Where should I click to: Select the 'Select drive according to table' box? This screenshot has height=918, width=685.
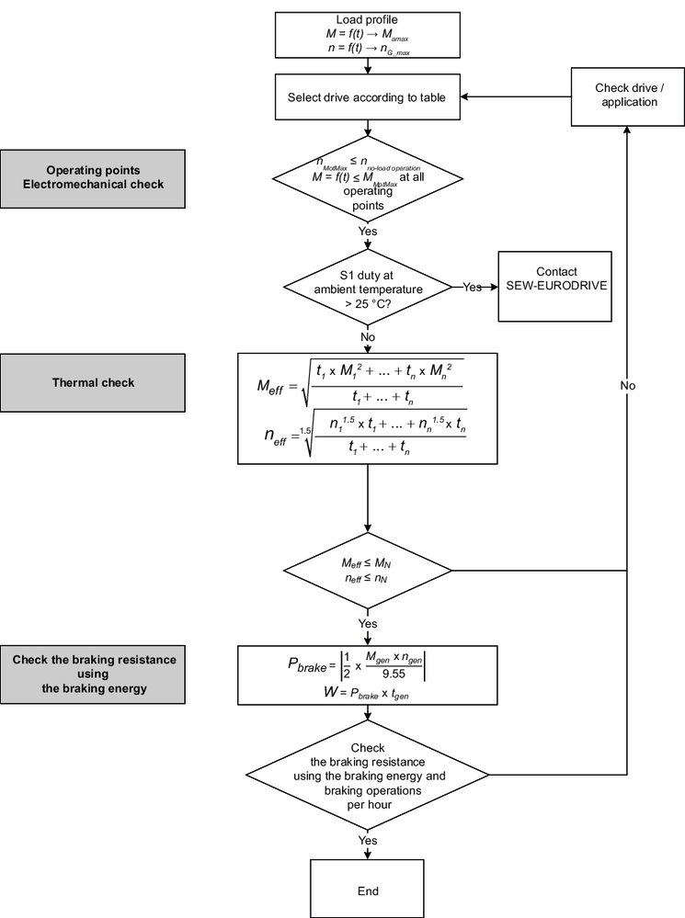tap(368, 96)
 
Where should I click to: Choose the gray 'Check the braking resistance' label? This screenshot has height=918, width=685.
tap(93, 674)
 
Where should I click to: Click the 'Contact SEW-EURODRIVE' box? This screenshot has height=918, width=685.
tap(554, 279)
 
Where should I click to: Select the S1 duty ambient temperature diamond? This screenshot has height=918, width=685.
tap(368, 288)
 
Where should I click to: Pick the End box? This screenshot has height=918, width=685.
tap(368, 890)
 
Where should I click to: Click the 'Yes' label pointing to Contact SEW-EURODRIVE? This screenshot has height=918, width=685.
tap(473, 288)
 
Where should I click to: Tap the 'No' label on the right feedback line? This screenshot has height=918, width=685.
tap(628, 386)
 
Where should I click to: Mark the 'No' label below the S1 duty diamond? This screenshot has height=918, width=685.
tap(368, 337)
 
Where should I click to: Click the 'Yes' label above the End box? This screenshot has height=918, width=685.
tap(368, 841)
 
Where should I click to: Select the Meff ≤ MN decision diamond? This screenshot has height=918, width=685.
tap(368, 570)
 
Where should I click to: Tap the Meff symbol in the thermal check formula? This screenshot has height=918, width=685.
tap(272, 386)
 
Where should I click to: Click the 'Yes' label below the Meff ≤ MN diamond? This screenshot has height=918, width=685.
tap(368, 623)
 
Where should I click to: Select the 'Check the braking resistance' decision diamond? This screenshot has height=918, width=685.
tap(368, 776)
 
